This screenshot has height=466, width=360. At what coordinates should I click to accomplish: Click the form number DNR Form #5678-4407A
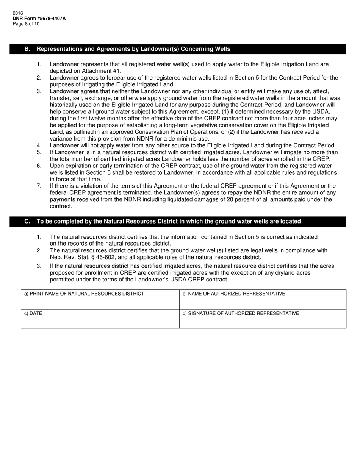[39, 18]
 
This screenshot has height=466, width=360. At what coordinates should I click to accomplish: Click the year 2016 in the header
[18, 13]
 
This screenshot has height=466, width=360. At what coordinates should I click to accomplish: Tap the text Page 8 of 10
[26, 24]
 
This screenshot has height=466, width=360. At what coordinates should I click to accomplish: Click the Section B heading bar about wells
[178, 49]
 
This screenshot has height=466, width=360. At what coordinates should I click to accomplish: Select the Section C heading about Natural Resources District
[178, 221]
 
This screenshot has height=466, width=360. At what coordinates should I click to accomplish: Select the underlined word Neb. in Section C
[55, 257]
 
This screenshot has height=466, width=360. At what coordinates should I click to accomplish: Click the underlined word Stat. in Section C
[83, 257]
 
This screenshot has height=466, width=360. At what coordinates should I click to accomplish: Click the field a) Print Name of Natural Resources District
[100, 300]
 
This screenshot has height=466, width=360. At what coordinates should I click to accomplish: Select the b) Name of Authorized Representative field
[263, 300]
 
